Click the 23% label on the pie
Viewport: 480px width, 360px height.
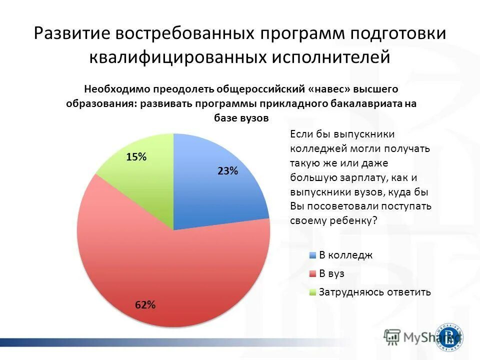pyautogui.click(x=227, y=171)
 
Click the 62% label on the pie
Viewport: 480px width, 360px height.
pyautogui.click(x=145, y=305)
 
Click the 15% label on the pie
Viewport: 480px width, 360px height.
pyautogui.click(x=136, y=157)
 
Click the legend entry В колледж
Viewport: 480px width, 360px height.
pyautogui.click(x=346, y=255)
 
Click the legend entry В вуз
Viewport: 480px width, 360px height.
pyautogui.click(x=331, y=273)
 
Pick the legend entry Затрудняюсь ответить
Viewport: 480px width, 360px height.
pyautogui.click(x=374, y=292)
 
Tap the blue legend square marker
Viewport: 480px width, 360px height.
pyautogui.click(x=313, y=255)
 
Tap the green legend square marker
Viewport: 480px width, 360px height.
pyautogui.click(x=313, y=292)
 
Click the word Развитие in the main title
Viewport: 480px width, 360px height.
pyautogui.click(x=72, y=34)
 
